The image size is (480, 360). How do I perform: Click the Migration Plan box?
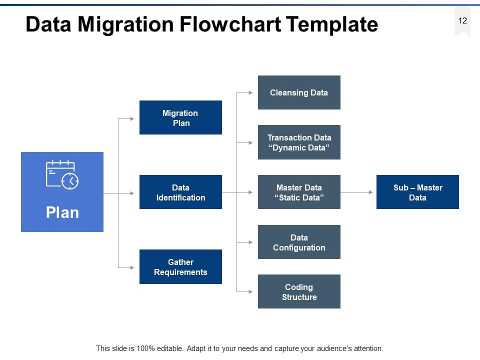coord(180,118)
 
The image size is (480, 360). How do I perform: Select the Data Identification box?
coord(180,192)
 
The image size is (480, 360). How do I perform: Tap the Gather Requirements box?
coord(180,267)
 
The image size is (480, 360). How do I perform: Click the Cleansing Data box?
coord(299,92)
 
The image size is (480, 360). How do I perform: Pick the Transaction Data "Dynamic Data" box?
coord(299,142)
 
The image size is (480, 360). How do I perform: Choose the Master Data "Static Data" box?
coord(299,192)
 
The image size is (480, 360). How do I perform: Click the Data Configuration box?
coord(299,242)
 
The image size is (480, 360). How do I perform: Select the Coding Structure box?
coord(299,292)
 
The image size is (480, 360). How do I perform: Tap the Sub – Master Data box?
coord(417,192)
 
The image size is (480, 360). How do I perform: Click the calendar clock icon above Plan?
coord(62,174)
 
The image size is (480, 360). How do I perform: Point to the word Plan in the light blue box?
coord(62,212)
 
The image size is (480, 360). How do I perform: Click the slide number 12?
coord(462,20)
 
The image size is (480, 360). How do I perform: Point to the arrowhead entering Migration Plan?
coord(132,118)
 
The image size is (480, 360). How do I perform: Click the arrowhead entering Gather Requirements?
coord(132,267)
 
